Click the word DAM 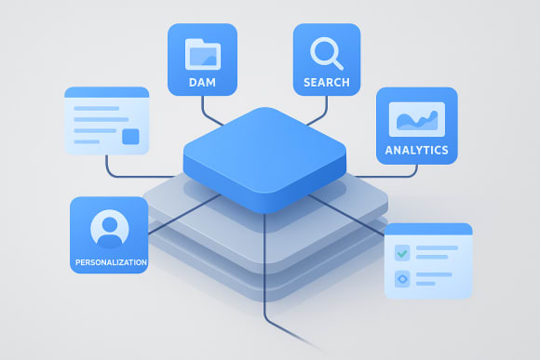pyautogui.click(x=202, y=83)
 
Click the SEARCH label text pyautogui.click(x=327, y=83)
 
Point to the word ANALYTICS pyautogui.click(x=416, y=150)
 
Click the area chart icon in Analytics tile pyautogui.click(x=416, y=119)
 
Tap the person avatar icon pyautogui.click(x=109, y=228)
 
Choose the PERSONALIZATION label pyautogui.click(x=110, y=263)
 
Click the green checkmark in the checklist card pyautogui.click(x=402, y=252)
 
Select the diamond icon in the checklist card pyautogui.click(x=402, y=277)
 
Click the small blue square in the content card pyautogui.click(x=130, y=137)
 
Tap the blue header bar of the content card pyautogui.click(x=106, y=92)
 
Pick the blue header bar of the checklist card pyautogui.click(x=428, y=229)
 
